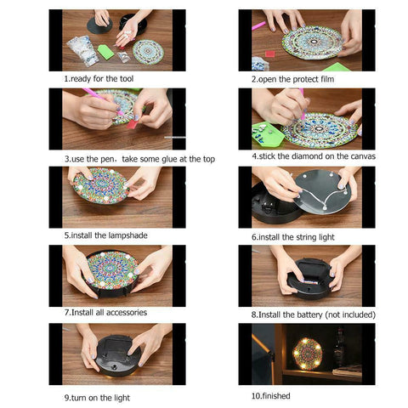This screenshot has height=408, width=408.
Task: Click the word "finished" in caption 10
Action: [x=279, y=396]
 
